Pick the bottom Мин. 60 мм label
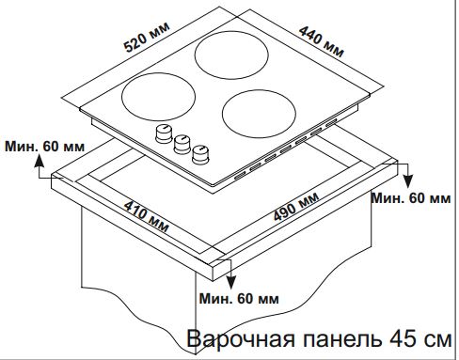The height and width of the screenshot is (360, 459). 240,299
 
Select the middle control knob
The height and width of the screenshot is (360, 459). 181,141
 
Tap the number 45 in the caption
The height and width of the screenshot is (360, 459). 393,338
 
